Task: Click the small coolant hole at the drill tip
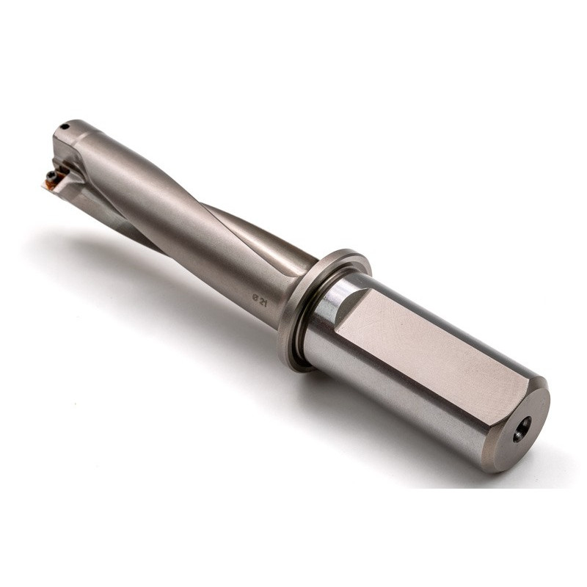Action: click(65, 126)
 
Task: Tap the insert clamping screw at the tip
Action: click(51, 175)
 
